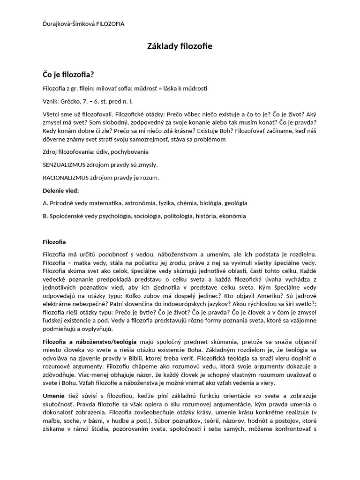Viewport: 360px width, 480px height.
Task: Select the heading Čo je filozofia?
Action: (x=68, y=74)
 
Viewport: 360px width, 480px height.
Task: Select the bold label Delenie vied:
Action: (x=60, y=190)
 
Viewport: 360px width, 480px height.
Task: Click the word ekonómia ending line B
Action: (x=230, y=216)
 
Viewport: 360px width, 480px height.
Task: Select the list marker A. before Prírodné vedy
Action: (x=45, y=203)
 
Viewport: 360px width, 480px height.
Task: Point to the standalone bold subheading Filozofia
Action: (x=54, y=242)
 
